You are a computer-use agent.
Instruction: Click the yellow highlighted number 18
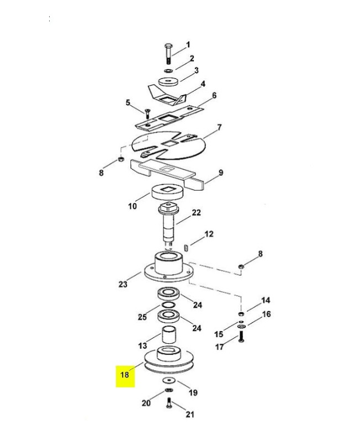124,375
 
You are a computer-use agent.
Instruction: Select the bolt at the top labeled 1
168,54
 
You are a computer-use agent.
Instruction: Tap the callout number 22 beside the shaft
197,212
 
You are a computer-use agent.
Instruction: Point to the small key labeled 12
186,248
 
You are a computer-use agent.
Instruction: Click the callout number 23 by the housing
123,284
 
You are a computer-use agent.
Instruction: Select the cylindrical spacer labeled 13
169,334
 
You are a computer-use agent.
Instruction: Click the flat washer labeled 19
170,381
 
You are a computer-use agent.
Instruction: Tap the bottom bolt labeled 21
169,403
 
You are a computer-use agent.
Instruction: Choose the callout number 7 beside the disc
219,128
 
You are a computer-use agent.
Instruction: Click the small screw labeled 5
147,113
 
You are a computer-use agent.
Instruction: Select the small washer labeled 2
168,70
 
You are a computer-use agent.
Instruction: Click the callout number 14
266,300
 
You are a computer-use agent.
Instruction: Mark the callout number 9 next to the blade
221,172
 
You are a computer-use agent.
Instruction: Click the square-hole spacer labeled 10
168,192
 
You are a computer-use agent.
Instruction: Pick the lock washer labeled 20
169,390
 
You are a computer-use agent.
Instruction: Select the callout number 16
266,314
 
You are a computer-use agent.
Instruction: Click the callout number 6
214,95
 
